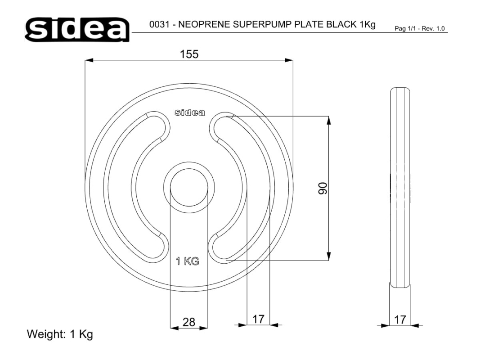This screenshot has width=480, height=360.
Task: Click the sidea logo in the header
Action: pos(77,29)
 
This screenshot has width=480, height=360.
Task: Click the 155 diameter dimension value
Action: pos(189,54)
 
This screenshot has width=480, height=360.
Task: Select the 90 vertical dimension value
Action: pos(323,188)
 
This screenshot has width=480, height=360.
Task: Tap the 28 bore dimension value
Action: pos(189,322)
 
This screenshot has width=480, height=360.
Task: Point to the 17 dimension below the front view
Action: pos(258,319)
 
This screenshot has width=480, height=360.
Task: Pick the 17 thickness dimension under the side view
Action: pos(400,320)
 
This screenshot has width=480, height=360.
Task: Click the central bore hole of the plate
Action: pos(189,188)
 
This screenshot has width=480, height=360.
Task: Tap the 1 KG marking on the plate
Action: pos(187,261)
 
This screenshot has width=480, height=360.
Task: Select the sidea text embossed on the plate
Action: pos(190,112)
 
